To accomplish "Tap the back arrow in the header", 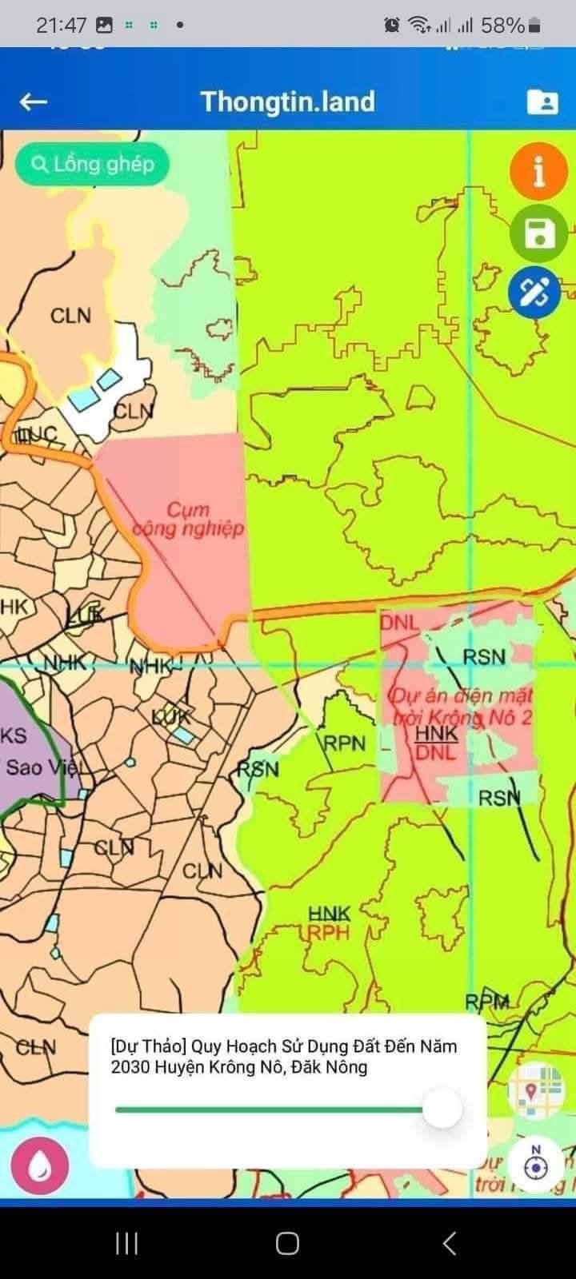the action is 34,102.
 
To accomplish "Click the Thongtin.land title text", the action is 287,102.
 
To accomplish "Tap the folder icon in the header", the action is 542,102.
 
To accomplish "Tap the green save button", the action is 538,233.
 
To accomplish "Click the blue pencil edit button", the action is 534,292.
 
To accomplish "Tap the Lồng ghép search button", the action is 93,165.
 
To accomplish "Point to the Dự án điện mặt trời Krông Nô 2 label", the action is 462,706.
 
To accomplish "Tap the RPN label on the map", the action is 344,743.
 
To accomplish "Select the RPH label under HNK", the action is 329,932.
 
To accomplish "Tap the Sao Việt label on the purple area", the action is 44,767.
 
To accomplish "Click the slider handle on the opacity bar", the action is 442,1110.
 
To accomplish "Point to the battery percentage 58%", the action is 502,26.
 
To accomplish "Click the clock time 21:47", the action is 61,26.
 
